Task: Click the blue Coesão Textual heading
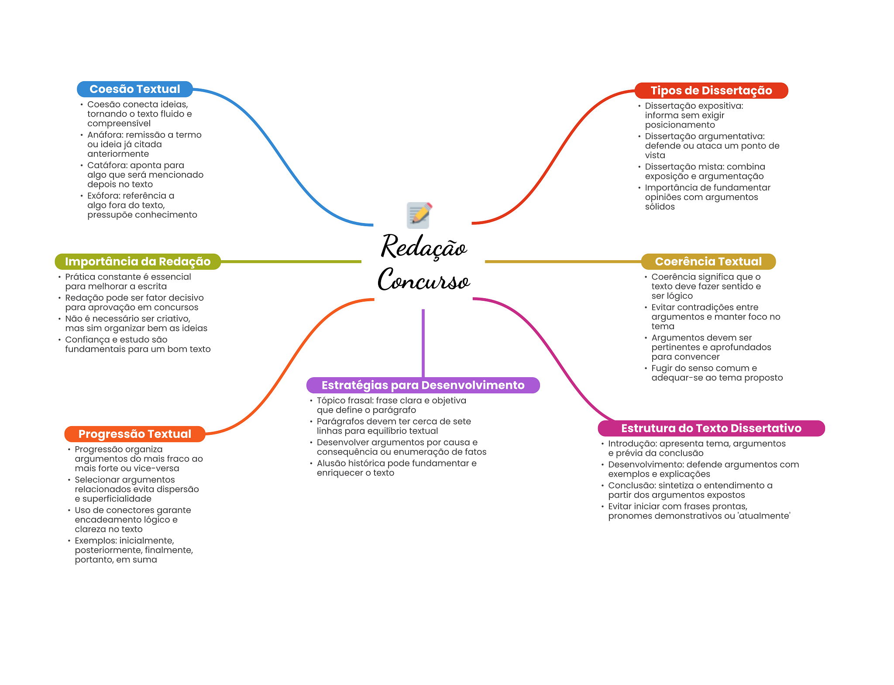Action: coord(134,89)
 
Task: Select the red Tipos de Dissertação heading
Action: coord(711,90)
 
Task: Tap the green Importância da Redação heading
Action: coord(138,262)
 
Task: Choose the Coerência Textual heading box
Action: coord(708,262)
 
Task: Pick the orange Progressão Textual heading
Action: coord(134,434)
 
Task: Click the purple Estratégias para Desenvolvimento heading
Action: coord(423,385)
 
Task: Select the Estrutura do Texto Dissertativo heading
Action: coord(711,428)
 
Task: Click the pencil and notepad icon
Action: coord(419,215)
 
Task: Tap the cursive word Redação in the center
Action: coord(424,247)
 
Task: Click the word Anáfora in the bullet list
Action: coord(105,135)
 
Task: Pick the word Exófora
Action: coord(103,196)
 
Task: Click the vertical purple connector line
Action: coord(423,343)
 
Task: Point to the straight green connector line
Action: coord(291,262)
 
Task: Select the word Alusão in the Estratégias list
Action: coord(331,463)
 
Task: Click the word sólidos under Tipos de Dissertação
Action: coord(660,207)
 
